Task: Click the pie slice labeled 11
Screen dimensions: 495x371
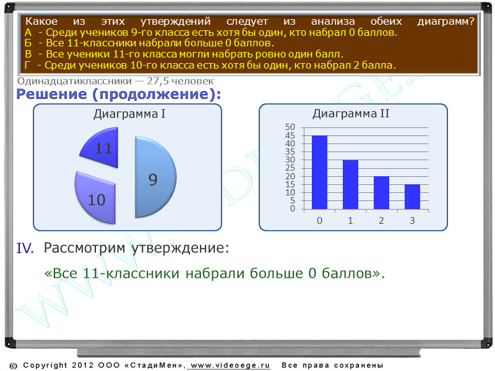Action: [x=103, y=148]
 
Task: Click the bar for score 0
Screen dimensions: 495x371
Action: [x=319, y=173]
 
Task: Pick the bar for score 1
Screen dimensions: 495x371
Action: [x=350, y=184]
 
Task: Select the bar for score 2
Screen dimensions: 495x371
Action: [x=381, y=193]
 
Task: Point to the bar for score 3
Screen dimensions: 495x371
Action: [x=412, y=197]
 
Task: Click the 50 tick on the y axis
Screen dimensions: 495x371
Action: [x=290, y=127]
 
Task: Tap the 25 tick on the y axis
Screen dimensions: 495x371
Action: [x=290, y=168]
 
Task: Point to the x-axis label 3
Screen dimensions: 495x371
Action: [x=412, y=221]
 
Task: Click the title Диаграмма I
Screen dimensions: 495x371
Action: [x=129, y=114]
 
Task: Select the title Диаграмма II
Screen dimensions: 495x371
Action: [x=351, y=114]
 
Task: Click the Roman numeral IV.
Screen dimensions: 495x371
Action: [x=25, y=249]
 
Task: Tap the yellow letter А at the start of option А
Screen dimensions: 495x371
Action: [x=28, y=33]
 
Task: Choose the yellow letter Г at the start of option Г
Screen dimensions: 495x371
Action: [x=27, y=66]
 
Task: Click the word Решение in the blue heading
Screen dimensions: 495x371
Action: [x=51, y=95]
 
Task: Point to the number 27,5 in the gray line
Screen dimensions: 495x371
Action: [x=157, y=82]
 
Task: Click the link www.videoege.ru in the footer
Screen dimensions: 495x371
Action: [x=230, y=365]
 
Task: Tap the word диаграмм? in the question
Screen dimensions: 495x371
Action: [x=445, y=22]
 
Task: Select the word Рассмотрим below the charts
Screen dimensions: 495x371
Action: [x=84, y=248]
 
